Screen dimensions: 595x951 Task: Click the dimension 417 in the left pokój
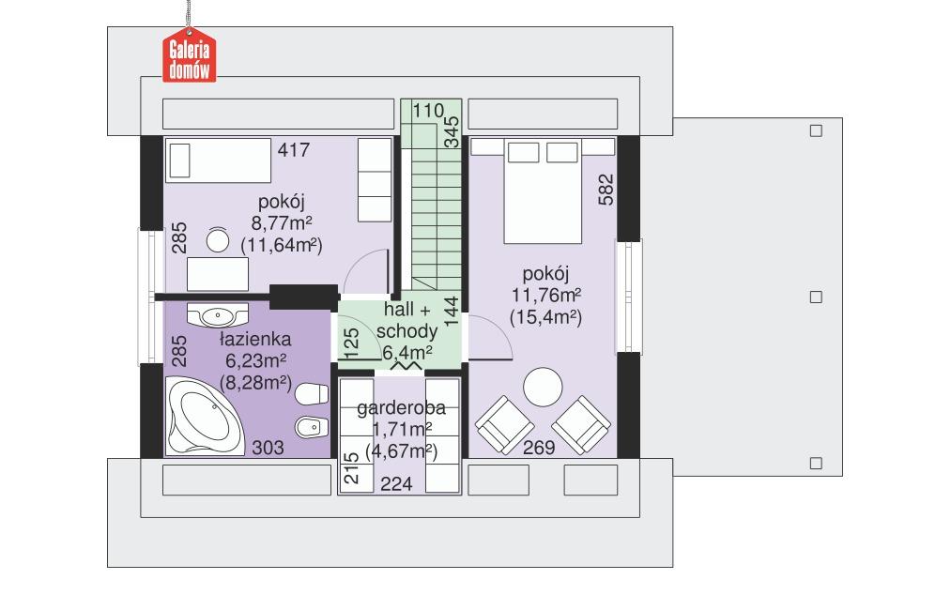coord(293,148)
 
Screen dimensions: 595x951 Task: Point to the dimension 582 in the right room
coord(606,191)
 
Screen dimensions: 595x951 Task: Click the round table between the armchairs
coord(543,388)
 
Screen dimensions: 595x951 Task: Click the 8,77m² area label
coord(282,223)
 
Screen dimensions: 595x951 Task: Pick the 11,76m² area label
coord(545,296)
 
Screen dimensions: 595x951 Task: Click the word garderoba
coord(401,409)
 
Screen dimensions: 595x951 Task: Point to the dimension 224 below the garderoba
coord(396,483)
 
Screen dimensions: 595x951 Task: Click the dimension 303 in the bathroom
coord(268,450)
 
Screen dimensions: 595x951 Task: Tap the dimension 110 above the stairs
coord(427,111)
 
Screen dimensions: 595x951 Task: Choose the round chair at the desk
coord(218,241)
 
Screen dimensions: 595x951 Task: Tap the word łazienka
coord(254,339)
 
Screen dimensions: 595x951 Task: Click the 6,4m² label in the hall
coord(406,353)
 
